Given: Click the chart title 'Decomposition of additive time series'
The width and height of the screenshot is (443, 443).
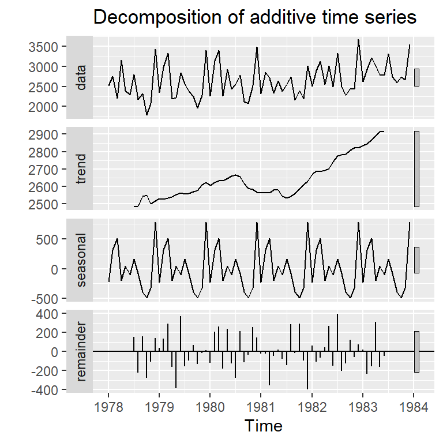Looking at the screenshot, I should (x=254, y=18).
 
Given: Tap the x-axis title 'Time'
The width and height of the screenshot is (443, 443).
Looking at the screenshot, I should (x=264, y=426).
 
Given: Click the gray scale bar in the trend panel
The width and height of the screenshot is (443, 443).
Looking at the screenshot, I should (x=416, y=168).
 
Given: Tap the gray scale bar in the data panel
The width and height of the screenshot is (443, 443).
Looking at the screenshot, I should (x=416, y=77).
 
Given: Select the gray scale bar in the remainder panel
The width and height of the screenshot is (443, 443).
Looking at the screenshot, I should (x=416, y=352).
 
